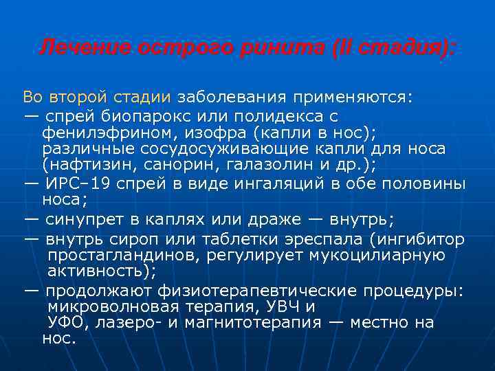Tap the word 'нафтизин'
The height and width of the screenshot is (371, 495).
tap(83, 165)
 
